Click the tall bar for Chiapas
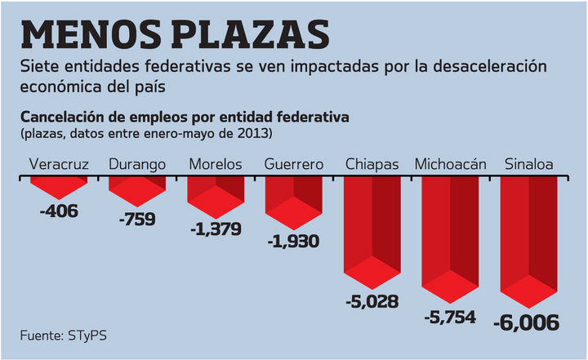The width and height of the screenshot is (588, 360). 372,233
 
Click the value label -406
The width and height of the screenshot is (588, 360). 59,212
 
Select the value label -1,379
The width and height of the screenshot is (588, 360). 216,229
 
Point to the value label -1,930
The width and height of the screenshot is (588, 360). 293,241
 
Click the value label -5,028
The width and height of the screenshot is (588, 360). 372,301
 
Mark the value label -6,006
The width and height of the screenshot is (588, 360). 528,323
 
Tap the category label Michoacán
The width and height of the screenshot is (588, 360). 451,164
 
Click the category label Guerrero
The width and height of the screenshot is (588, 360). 294,164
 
